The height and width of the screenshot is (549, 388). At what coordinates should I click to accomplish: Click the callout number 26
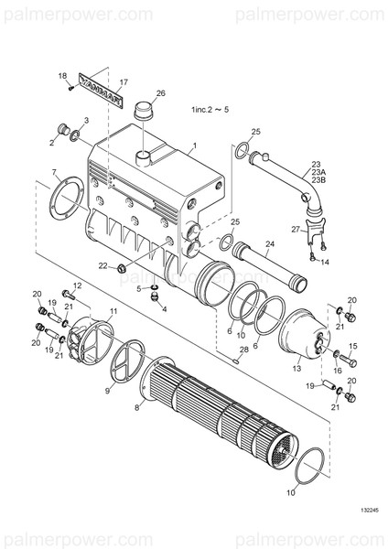point(161,93)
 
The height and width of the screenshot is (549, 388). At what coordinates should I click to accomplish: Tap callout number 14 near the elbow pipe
point(324,262)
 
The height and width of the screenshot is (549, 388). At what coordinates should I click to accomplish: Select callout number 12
point(77,286)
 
